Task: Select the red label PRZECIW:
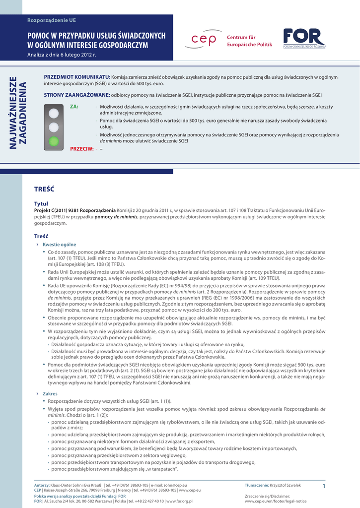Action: (x=82, y=149)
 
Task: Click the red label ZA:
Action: (x=74, y=107)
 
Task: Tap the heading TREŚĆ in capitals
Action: (x=44, y=189)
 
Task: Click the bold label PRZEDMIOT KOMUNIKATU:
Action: (x=77, y=77)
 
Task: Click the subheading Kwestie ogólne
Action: (x=59, y=245)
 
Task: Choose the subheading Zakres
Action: (x=50, y=393)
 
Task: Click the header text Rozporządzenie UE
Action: (x=52, y=20)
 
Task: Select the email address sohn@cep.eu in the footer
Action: (x=176, y=485)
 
